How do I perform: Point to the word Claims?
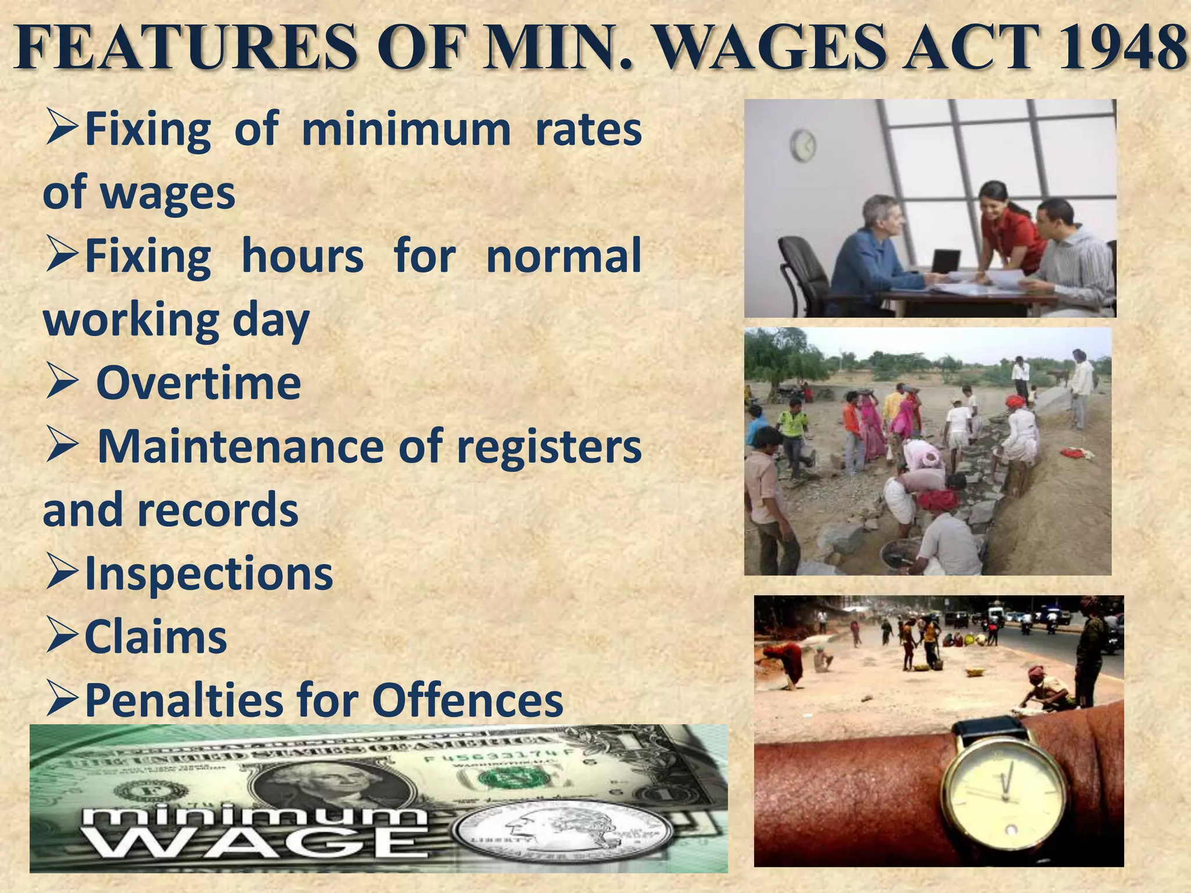(156, 637)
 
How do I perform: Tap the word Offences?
(467, 700)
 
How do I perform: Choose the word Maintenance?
(241, 446)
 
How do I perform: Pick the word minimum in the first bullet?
(406, 129)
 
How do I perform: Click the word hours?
(302, 256)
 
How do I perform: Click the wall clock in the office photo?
(803, 145)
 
